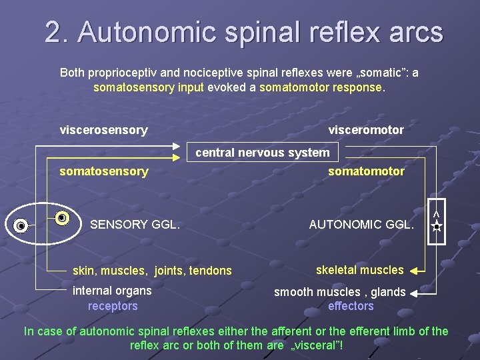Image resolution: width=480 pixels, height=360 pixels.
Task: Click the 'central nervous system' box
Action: click(262, 153)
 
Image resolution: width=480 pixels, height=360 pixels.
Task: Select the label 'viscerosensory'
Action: click(103, 130)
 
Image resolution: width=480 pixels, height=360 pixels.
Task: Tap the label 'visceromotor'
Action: click(366, 130)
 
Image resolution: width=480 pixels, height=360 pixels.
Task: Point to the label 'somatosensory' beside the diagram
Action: click(103, 171)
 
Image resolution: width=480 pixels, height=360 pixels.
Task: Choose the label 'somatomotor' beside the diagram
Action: click(366, 171)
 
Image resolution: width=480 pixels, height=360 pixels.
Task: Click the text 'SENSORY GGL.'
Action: click(135, 225)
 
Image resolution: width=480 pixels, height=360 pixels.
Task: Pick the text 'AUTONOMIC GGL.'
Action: click(361, 225)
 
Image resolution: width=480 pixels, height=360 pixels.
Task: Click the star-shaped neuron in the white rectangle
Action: click(435, 227)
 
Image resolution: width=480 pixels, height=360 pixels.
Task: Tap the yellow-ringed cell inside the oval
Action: click(62, 218)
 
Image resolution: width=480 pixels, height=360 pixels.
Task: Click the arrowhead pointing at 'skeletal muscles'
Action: click(414, 271)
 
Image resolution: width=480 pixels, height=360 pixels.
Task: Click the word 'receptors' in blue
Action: click(113, 306)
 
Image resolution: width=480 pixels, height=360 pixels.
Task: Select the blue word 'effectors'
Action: click(351, 306)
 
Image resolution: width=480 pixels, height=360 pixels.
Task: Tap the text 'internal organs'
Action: click(112, 291)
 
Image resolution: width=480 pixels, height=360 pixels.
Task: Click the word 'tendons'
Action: click(211, 271)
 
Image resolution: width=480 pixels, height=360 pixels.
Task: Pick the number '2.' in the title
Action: click(57, 32)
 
